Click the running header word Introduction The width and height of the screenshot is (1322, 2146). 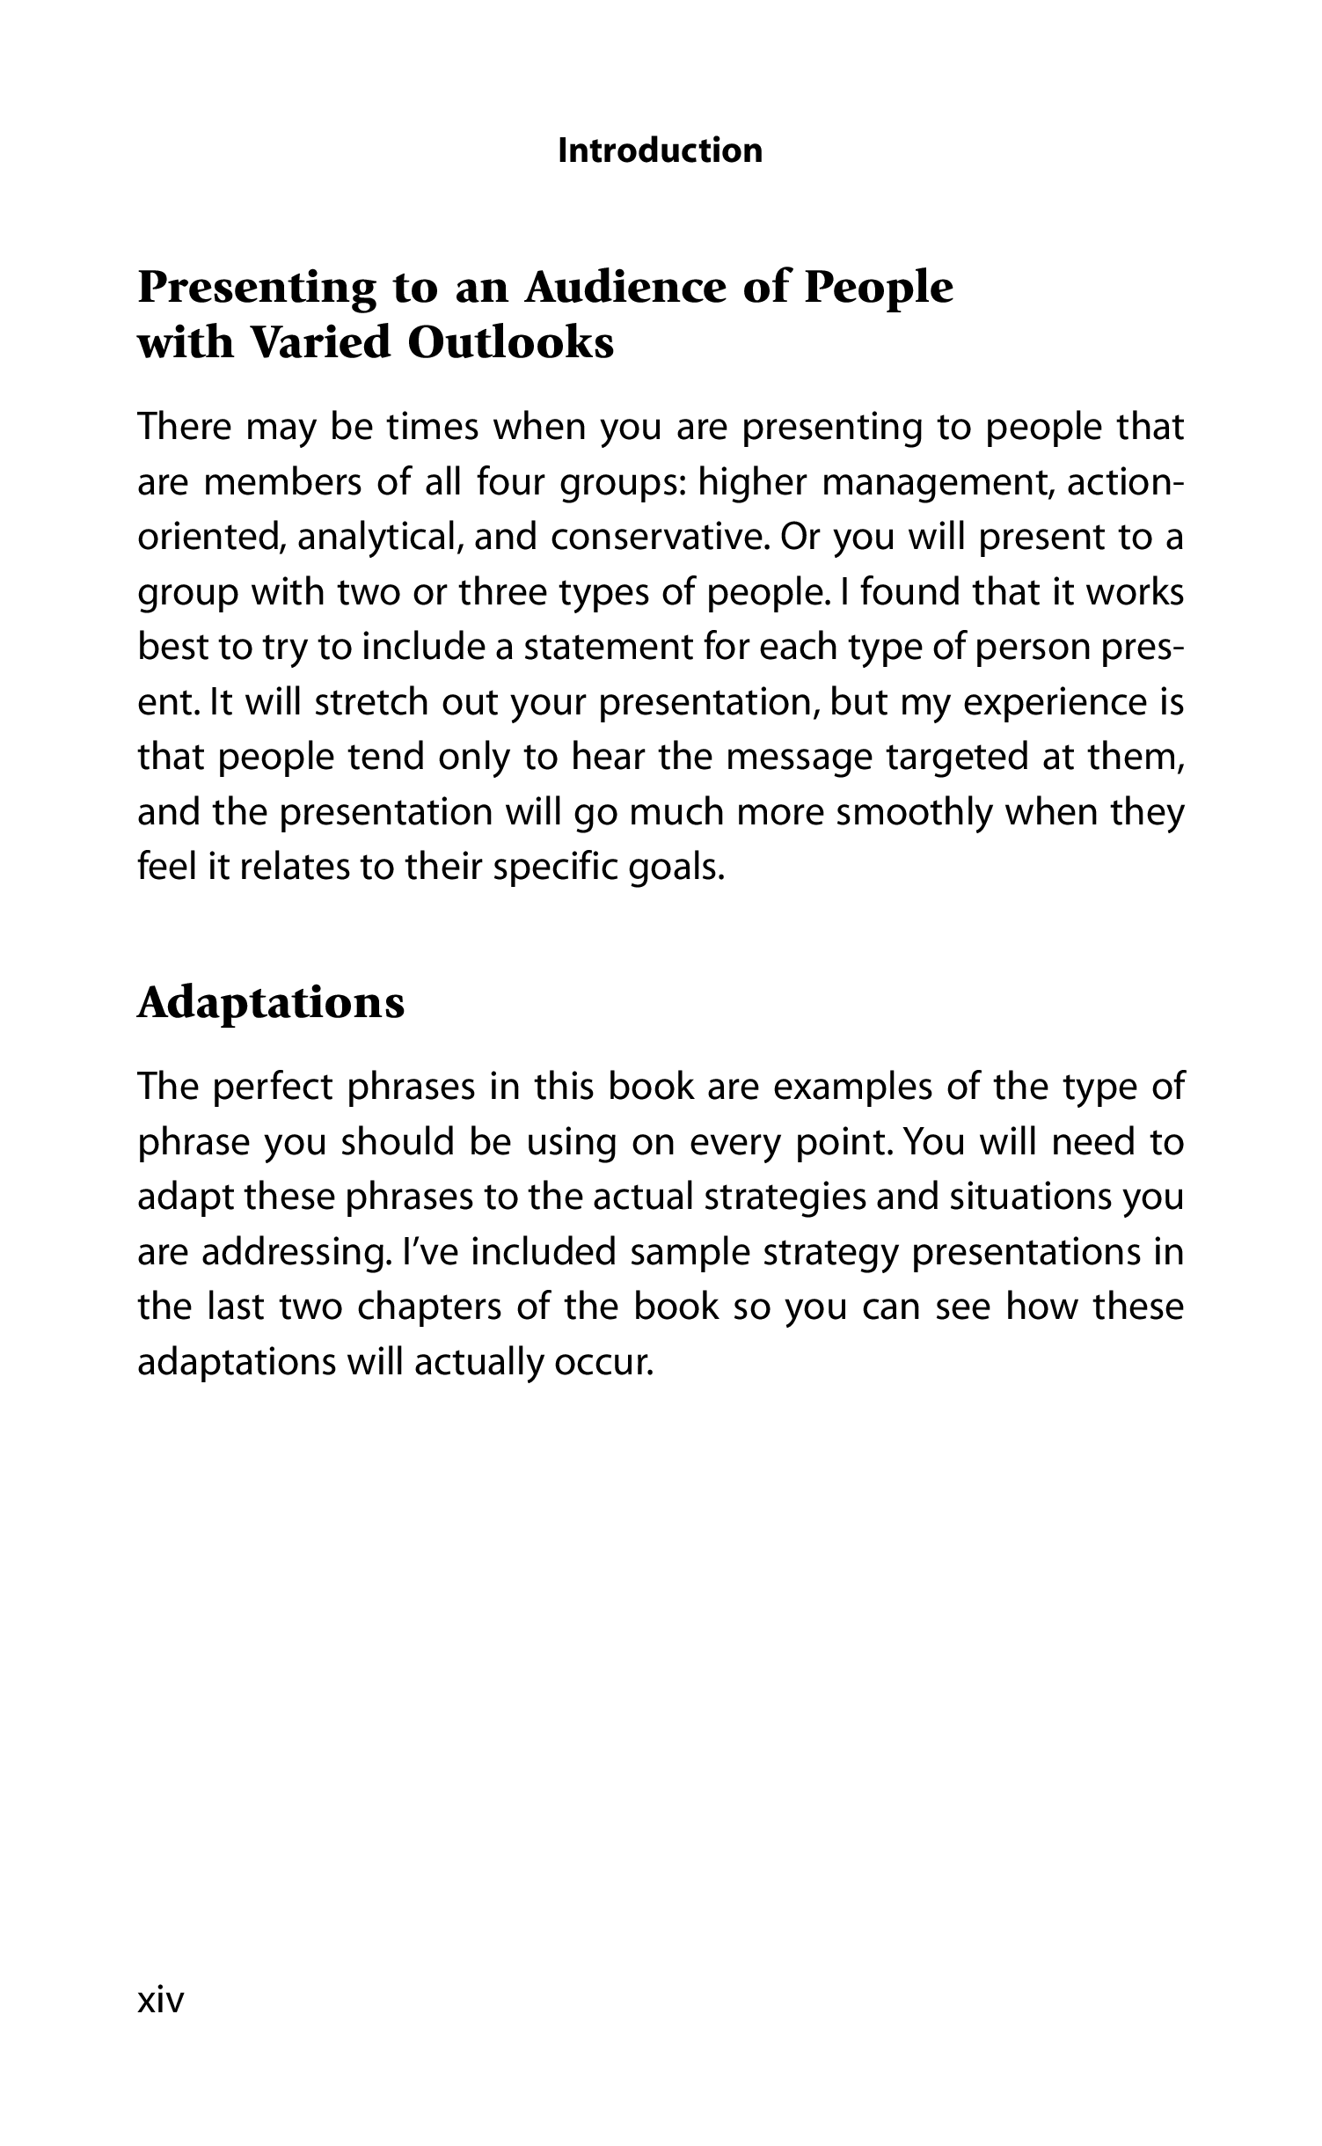tap(661, 150)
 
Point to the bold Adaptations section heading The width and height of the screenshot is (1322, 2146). tap(271, 1002)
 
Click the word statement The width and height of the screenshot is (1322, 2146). tap(606, 647)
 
